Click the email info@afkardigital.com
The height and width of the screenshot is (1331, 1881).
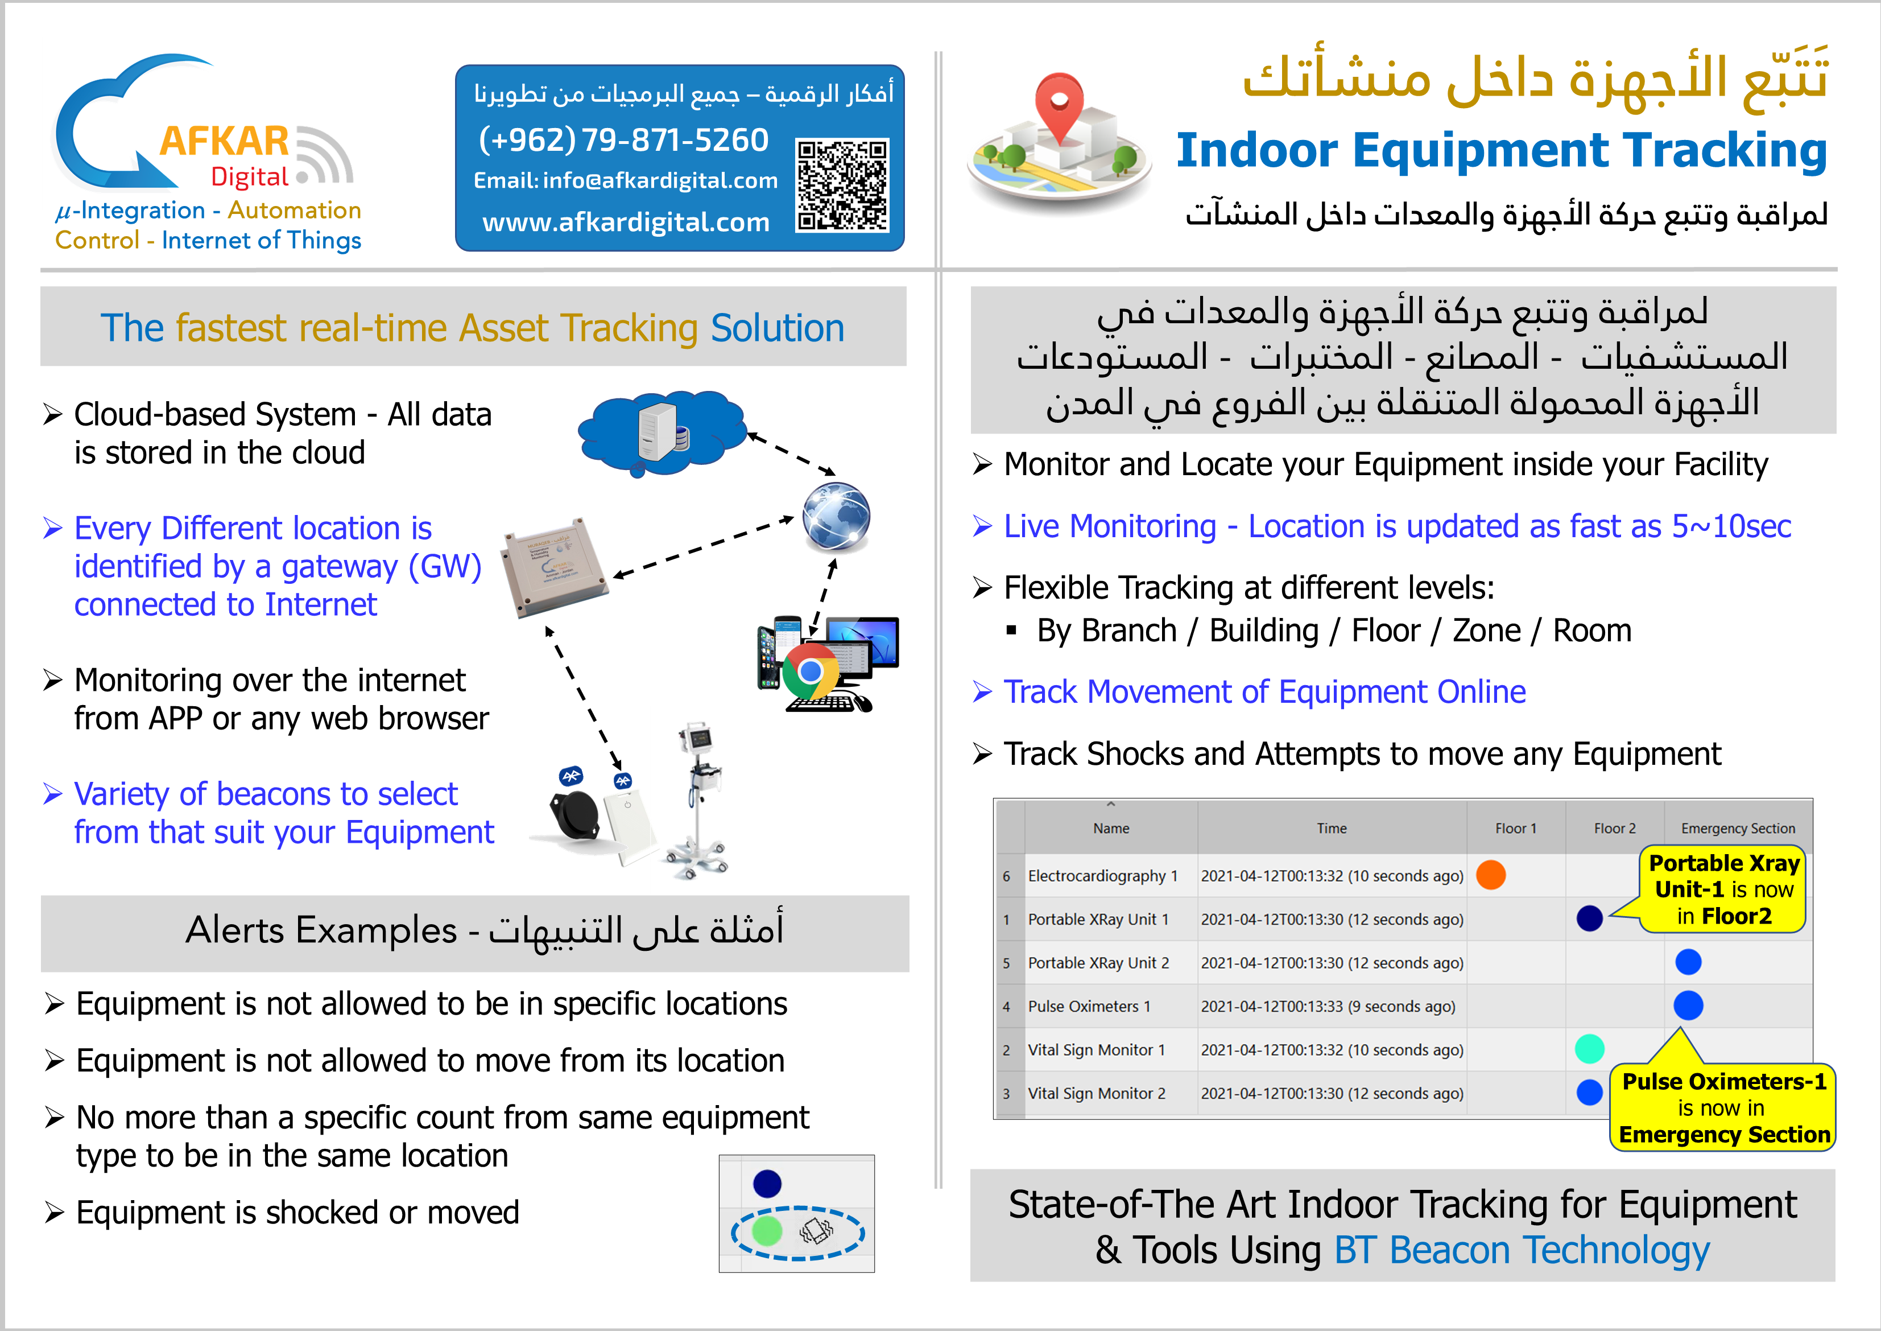pos(625,180)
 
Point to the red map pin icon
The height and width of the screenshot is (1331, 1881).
pos(1059,106)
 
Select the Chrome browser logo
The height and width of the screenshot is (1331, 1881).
pos(810,672)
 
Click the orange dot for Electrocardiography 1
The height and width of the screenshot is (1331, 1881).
pos(1490,875)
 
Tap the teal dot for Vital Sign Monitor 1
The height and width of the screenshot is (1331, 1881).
pos(1589,1049)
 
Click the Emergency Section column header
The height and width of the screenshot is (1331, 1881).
pos(1738,829)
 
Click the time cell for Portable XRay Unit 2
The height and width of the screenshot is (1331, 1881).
pos(1332,963)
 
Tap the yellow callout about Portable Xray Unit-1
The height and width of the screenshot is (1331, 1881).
pos(1723,889)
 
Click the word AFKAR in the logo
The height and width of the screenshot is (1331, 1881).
pos(224,141)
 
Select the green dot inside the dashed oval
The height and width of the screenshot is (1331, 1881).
pos(767,1230)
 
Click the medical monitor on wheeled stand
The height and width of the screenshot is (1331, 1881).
pos(699,799)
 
